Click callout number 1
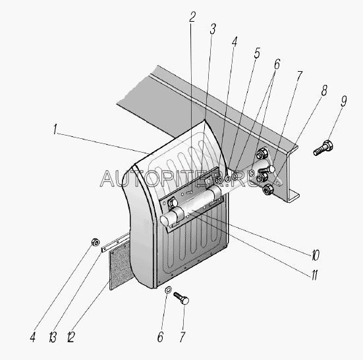tap(55, 129)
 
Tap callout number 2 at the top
tap(192, 17)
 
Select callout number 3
tap(213, 29)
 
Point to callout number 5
tap(257, 53)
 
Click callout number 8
tap(324, 90)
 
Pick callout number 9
tap(344, 101)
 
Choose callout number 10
tap(316, 255)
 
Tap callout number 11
tap(314, 275)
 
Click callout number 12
tap(70, 337)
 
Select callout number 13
tap(53, 337)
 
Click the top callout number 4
tap(235, 41)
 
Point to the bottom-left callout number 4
tap(33, 337)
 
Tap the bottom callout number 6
tap(161, 337)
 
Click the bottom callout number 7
tap(182, 337)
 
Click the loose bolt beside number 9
tap(323, 148)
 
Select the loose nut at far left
tap(96, 242)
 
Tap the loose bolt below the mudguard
tap(181, 298)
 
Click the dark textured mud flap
tap(119, 266)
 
